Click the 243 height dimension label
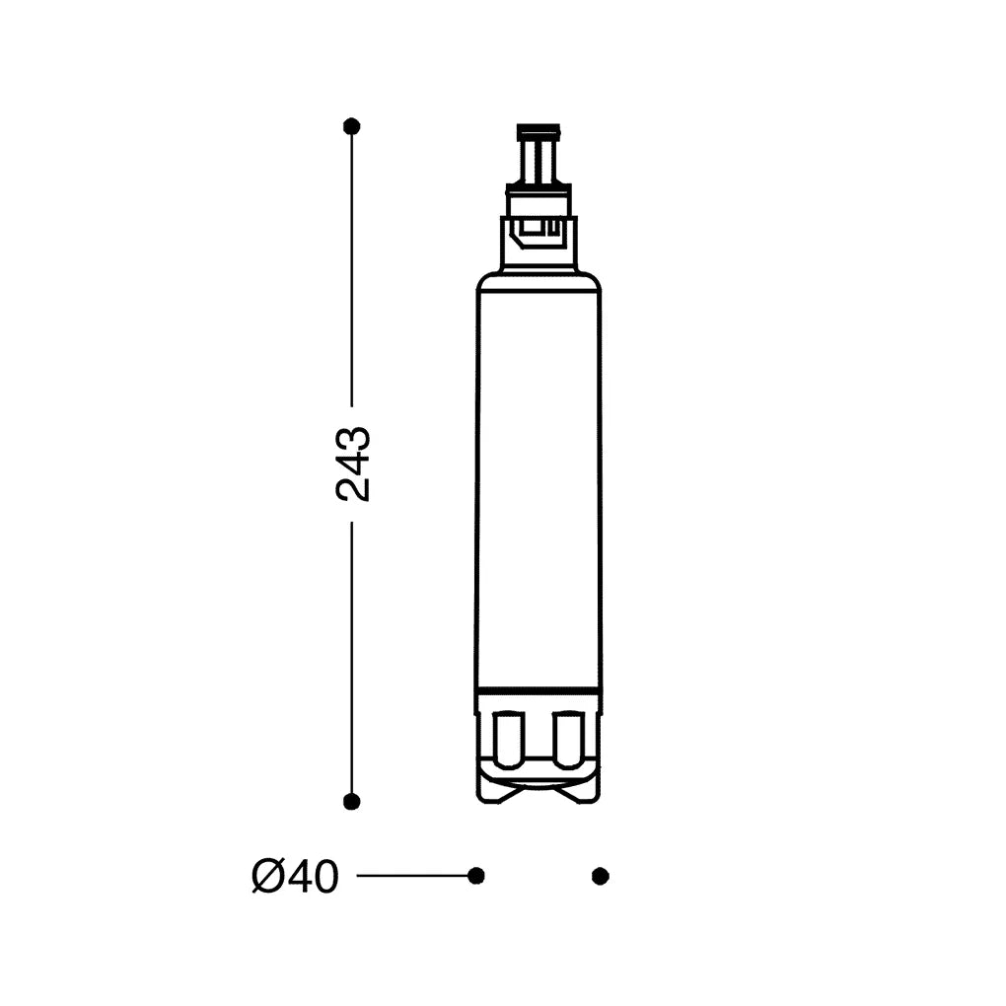click(353, 464)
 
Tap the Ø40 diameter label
click(295, 877)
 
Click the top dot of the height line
click(351, 126)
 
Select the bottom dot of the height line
click(351, 801)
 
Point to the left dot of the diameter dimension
click(476, 876)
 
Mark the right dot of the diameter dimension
click(600, 876)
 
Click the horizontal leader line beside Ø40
click(412, 876)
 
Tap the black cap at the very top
click(539, 132)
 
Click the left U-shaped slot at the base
click(511, 740)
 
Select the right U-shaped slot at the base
click(568, 740)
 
